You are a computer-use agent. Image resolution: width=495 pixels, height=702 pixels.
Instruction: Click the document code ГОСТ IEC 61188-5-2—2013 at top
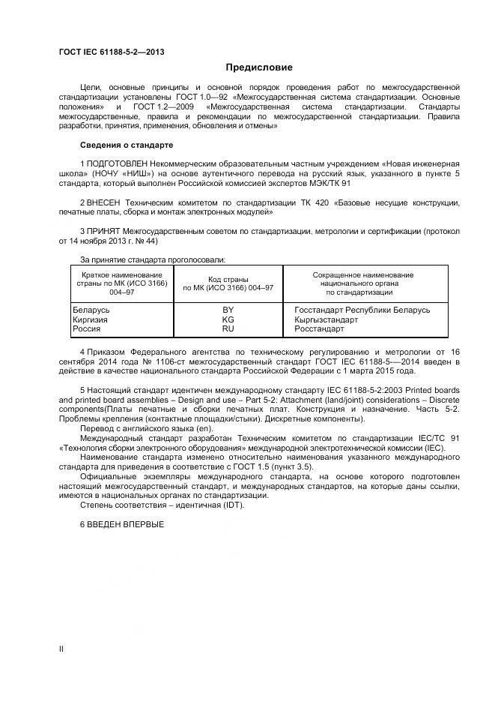pyautogui.click(x=112, y=52)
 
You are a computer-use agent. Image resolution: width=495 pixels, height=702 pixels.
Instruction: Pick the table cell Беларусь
pyautogui.click(x=91, y=310)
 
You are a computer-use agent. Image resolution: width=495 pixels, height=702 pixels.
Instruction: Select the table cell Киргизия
pyautogui.click(x=90, y=319)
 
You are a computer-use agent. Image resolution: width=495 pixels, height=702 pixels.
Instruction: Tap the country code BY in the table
pyautogui.click(x=228, y=310)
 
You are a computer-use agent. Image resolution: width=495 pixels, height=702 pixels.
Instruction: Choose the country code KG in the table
pyautogui.click(x=228, y=319)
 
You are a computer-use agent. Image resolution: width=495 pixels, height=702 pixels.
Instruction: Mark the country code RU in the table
pyautogui.click(x=228, y=329)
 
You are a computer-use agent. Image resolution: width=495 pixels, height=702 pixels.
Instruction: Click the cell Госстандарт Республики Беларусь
pyautogui.click(x=362, y=310)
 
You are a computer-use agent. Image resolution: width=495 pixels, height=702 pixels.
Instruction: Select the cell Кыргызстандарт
pyautogui.click(x=327, y=319)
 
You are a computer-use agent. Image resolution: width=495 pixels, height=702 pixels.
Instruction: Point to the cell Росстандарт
pyautogui.click(x=319, y=329)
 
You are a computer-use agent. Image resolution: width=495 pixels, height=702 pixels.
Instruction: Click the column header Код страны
pyautogui.click(x=228, y=279)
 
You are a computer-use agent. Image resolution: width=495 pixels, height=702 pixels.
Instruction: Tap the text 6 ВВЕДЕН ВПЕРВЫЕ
pyautogui.click(x=121, y=523)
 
